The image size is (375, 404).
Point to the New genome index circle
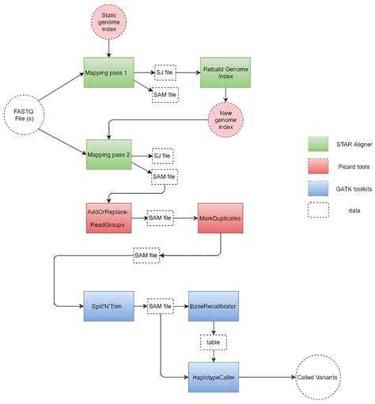[226, 119]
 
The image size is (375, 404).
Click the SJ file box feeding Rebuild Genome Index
[165, 72]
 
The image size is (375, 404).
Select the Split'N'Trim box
[105, 304]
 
